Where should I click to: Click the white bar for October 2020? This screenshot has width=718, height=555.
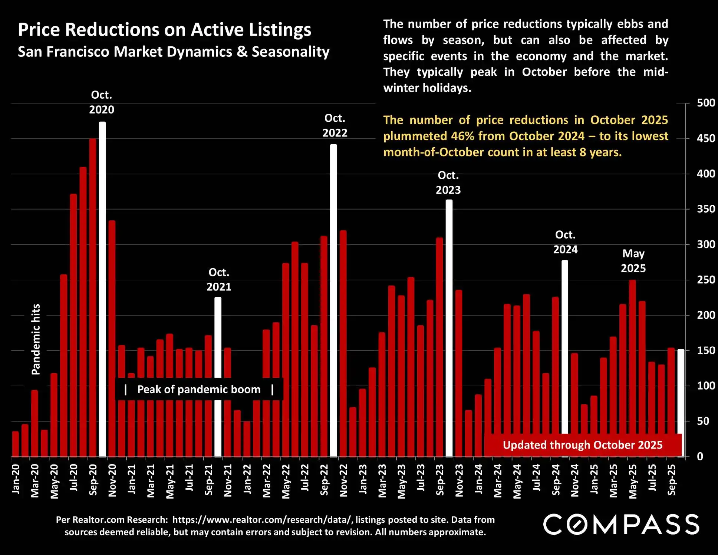click(102, 289)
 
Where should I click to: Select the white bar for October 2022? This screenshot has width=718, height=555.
click(333, 301)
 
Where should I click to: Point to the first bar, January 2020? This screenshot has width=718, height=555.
click(15, 444)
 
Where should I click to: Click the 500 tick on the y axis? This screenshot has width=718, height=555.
click(706, 103)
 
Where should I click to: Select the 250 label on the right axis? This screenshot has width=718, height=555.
click(706, 280)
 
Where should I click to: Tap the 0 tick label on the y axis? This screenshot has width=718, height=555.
click(700, 456)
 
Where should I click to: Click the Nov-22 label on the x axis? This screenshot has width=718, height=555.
click(344, 480)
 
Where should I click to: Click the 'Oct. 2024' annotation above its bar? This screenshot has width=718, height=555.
click(565, 242)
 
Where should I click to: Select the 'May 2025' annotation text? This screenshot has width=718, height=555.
click(633, 261)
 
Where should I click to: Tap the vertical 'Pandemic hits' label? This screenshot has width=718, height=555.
click(36, 339)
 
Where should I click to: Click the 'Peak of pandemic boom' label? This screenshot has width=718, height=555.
click(199, 389)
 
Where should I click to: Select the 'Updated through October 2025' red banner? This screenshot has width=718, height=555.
click(582, 445)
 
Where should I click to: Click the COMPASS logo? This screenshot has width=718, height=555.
click(621, 524)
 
